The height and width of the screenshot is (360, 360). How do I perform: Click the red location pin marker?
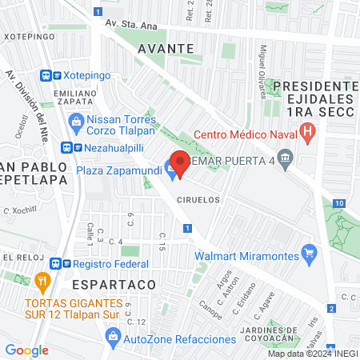(180, 164)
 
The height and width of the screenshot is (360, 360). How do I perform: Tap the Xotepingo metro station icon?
(49, 74)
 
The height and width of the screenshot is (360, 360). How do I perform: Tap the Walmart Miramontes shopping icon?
(311, 256)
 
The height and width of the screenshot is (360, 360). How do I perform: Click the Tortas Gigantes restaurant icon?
(43, 282)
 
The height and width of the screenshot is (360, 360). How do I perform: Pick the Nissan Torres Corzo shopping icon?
(77, 122)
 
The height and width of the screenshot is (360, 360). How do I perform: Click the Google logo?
(26, 350)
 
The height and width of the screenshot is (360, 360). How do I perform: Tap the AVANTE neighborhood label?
(166, 48)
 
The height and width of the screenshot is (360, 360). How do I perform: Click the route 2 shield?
(330, 308)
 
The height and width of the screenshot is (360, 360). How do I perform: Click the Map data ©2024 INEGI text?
(312, 354)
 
